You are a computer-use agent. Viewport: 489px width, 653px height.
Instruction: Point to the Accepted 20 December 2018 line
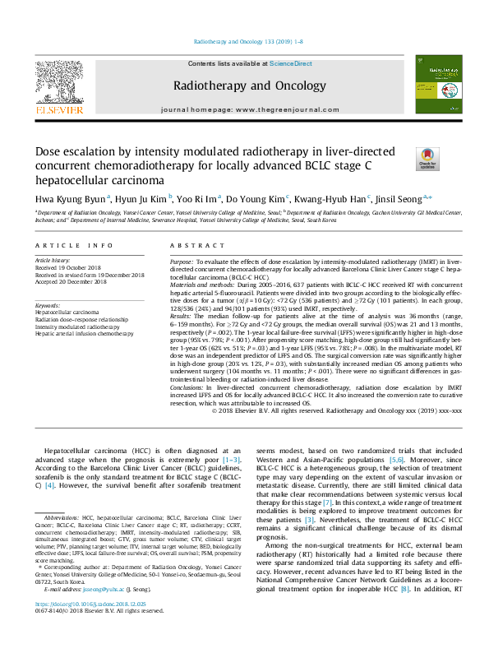pos(72,282)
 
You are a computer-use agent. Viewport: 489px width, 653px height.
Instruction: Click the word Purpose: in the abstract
pos(182,260)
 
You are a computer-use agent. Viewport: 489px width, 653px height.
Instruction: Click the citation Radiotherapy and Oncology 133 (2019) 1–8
pos(243,41)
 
